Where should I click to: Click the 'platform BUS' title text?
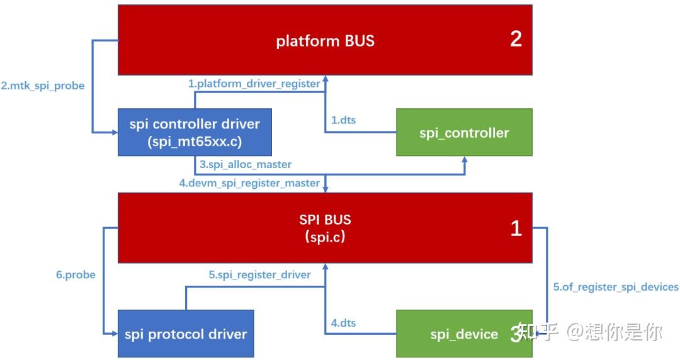tap(325, 41)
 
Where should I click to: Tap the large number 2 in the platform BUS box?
tap(516, 39)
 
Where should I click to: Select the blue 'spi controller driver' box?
tap(194, 132)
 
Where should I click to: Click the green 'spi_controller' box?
tap(464, 133)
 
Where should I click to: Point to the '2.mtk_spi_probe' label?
tap(43, 86)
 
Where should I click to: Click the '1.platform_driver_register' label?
tap(254, 83)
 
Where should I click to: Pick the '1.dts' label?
tap(343, 120)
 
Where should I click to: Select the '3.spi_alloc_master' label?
tap(246, 164)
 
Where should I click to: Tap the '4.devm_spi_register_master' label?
tap(249, 183)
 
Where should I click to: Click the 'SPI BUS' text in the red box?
tap(325, 220)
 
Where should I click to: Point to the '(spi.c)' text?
tap(325, 237)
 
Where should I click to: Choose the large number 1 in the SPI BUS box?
tap(516, 228)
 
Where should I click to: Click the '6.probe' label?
tap(76, 274)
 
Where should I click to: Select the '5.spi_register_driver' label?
tap(259, 274)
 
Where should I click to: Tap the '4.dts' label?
tap(343, 323)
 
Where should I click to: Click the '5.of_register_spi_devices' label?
tap(616, 287)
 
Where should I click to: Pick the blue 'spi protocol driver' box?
tap(186, 334)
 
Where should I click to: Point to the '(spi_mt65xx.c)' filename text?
tap(194, 142)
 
